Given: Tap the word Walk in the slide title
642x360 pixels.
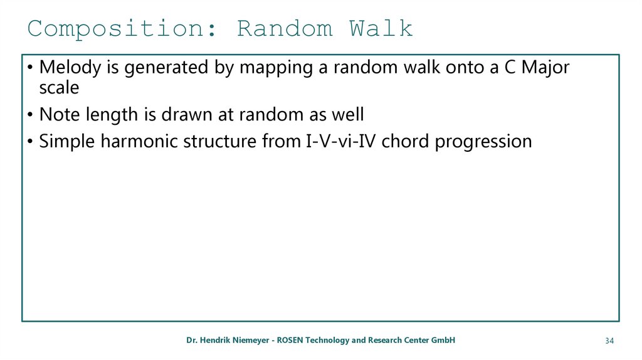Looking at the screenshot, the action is click(381, 28).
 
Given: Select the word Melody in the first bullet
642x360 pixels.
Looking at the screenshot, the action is click(70, 68).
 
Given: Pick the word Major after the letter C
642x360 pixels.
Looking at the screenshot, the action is click(545, 68).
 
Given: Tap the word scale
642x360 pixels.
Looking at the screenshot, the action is click(59, 88).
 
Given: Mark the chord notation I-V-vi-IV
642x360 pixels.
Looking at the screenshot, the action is click(341, 141).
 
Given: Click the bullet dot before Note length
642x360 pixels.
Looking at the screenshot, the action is click(30, 115).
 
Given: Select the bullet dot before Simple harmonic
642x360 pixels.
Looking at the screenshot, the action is click(30, 142).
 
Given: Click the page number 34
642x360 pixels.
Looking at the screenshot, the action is click(609, 341).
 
